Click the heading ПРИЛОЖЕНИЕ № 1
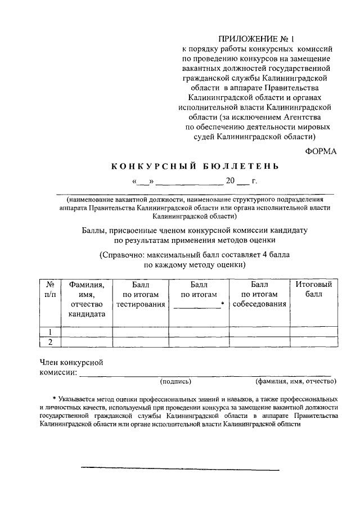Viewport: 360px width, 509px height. pos(255,39)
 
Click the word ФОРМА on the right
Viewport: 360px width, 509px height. pos(321,150)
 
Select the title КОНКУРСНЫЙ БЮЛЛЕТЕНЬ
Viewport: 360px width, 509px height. pos(194,166)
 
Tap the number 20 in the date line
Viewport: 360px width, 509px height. pos(230,181)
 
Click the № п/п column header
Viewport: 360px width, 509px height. pos(49,289)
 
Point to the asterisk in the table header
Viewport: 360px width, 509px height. pos(223,304)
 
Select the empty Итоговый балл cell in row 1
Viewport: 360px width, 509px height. pos(314,331)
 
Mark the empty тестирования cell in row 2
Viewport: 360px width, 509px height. pos(141,342)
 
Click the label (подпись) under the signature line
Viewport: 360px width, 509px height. pos(176,381)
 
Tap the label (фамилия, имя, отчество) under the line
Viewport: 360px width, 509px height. pos(296,381)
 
